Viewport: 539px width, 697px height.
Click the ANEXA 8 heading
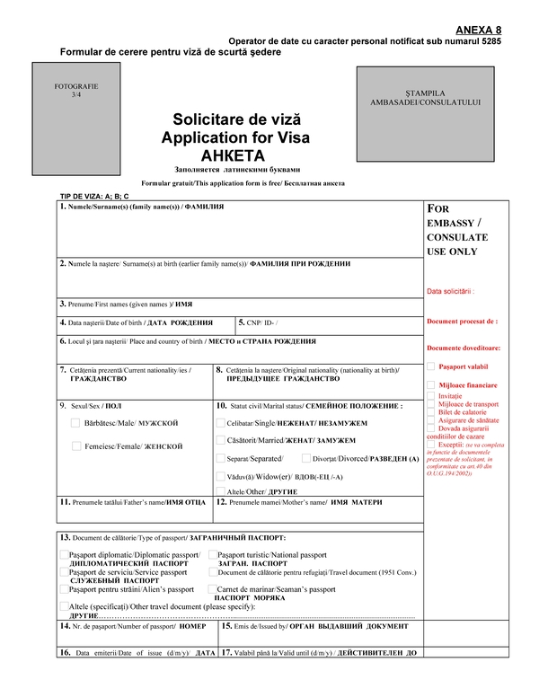click(479, 30)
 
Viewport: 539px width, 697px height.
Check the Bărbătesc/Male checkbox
click(75, 422)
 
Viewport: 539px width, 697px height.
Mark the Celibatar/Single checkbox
click(221, 421)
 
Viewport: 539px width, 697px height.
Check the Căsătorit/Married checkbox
click(221, 439)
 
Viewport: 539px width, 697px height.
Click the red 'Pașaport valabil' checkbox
click(432, 366)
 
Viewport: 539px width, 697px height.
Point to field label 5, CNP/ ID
click(262, 322)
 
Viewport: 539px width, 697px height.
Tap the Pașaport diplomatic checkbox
click(65, 555)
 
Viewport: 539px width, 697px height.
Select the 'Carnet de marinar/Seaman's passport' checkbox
click(213, 589)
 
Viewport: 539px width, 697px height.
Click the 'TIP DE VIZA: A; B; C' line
click(94, 196)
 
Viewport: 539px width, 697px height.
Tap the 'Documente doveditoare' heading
click(464, 347)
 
